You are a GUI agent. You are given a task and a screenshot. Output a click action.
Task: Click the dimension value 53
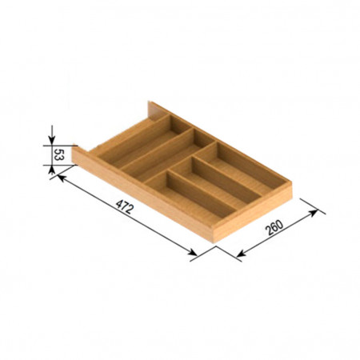click(58, 154)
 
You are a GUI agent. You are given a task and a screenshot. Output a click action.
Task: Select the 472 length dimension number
click(124, 207)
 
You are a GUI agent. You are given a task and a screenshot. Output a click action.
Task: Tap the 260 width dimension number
click(274, 227)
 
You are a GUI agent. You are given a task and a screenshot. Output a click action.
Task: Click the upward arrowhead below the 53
click(52, 170)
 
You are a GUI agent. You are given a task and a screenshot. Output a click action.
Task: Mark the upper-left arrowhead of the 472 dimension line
click(62, 178)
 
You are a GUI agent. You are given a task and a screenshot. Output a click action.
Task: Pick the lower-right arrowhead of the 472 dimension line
click(193, 252)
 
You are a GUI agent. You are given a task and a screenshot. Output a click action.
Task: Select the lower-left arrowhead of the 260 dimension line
click(241, 254)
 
